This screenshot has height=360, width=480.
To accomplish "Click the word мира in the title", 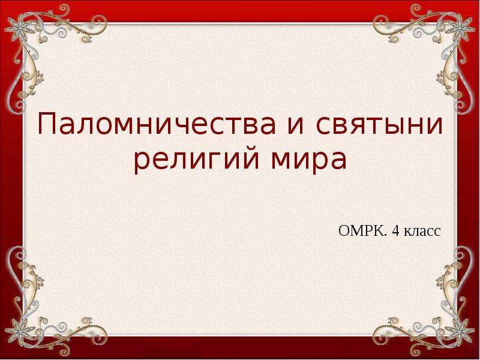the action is tap(308, 161).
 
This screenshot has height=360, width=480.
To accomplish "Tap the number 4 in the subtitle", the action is tap(395, 231).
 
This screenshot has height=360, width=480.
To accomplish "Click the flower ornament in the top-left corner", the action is tap(19, 28).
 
